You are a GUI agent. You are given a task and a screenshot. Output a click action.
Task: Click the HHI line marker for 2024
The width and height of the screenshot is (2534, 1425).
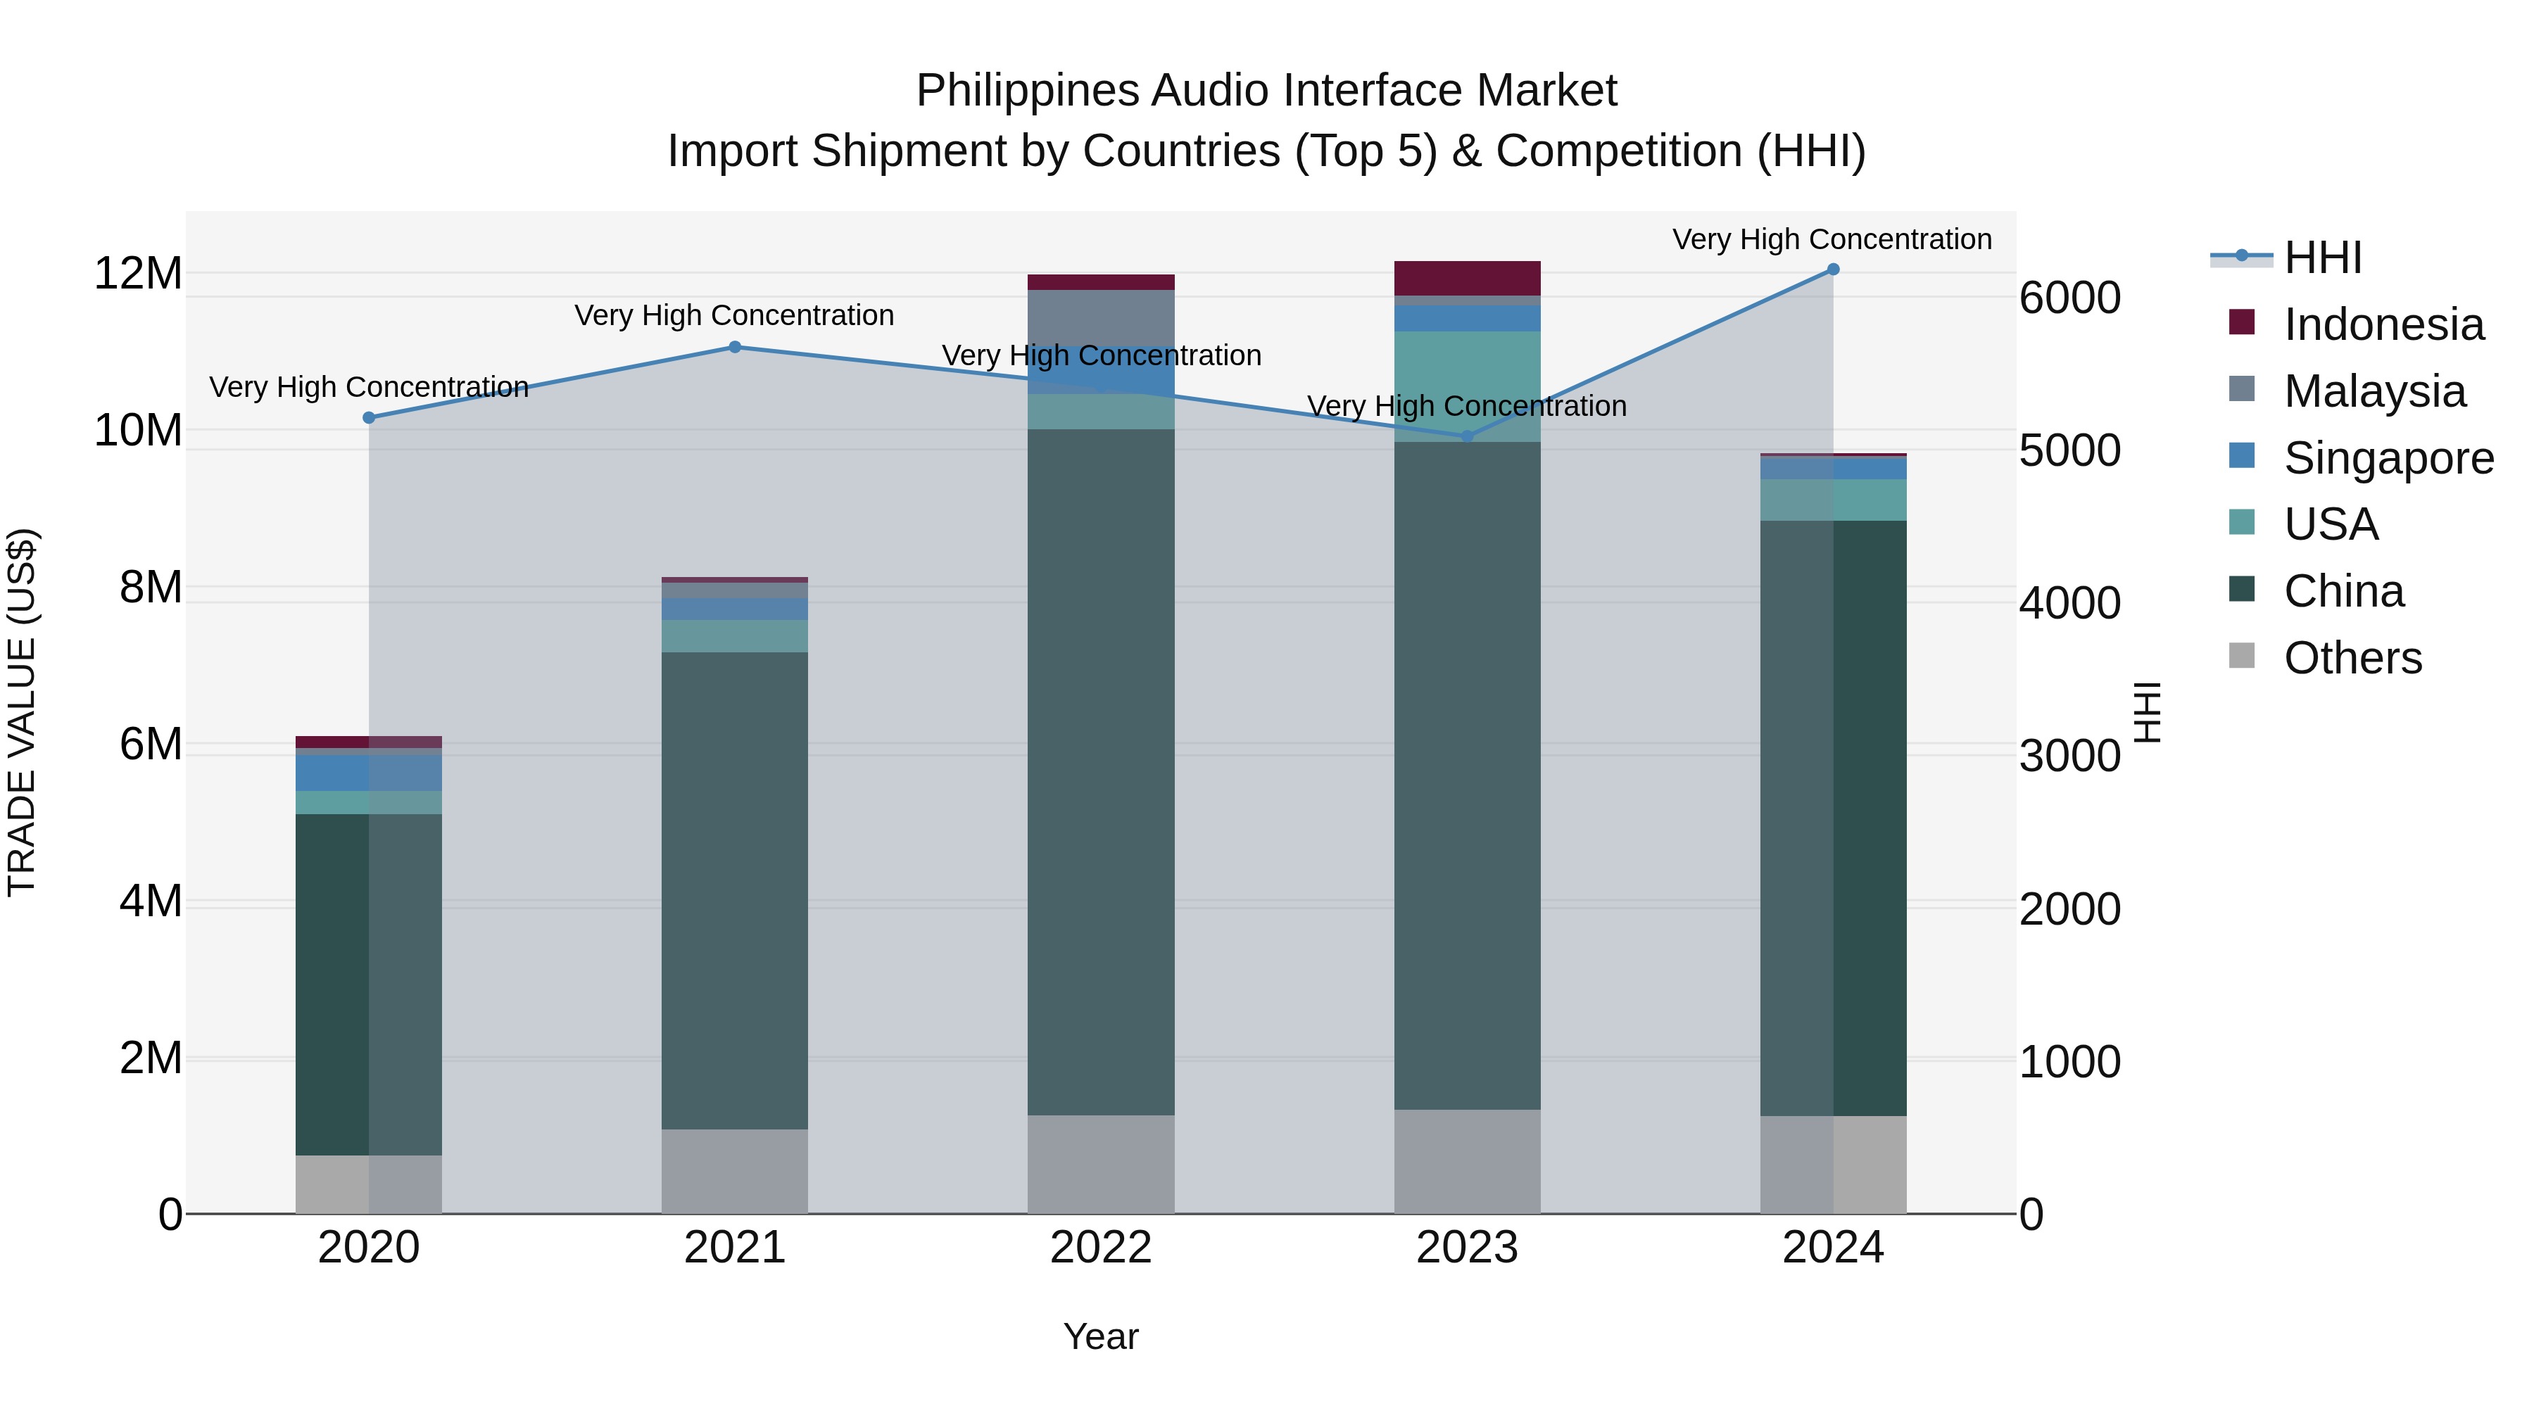point(1833,270)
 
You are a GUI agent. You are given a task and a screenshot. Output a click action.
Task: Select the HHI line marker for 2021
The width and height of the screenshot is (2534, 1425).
point(735,347)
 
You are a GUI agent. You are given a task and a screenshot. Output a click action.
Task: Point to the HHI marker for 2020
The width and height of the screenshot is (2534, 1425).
point(369,418)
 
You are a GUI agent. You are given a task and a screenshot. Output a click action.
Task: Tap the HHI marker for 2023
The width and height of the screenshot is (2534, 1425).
point(1467,436)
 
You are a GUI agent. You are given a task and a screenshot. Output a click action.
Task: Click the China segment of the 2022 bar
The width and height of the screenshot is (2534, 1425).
point(1101,772)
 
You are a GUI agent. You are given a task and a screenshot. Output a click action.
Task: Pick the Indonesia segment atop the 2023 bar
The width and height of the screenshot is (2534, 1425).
point(1467,278)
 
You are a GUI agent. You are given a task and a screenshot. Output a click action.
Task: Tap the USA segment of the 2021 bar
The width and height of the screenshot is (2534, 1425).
point(735,636)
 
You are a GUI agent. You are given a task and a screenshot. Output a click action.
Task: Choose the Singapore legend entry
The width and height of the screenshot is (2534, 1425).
point(2388,458)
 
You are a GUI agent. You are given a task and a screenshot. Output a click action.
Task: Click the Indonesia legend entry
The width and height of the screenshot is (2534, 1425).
point(2383,324)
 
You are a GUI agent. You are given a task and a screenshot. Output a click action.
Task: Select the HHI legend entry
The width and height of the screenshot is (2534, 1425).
point(2321,258)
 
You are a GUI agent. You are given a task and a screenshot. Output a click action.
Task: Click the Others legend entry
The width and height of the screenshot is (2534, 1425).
point(2351,658)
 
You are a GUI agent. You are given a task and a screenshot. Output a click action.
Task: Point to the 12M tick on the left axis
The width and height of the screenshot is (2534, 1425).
point(138,274)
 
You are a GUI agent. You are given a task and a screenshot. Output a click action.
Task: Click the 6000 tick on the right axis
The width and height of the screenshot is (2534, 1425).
point(2069,298)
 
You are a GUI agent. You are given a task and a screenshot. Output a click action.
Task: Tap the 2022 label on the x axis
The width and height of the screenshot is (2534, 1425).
point(1101,1248)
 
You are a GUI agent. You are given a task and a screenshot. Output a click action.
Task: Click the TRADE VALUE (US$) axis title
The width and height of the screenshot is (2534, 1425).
point(22,713)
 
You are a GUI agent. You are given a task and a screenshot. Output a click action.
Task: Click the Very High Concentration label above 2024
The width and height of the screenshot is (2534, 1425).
point(1832,239)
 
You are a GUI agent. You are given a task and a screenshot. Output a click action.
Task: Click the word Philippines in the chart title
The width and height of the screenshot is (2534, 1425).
point(1027,91)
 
